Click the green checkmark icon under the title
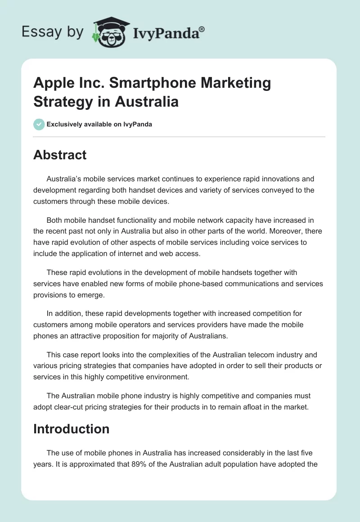(39, 124)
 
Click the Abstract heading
(60, 155)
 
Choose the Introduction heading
(71, 429)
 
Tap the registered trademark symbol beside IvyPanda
(202, 29)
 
